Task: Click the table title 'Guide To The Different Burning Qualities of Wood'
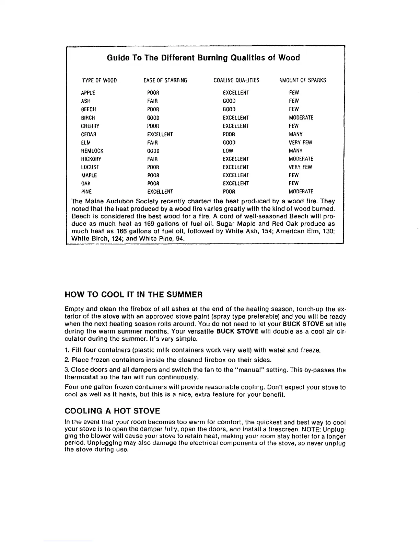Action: (x=203, y=58)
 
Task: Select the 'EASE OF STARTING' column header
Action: (x=165, y=80)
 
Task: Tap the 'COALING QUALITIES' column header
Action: (x=236, y=80)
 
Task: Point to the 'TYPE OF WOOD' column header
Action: (x=100, y=80)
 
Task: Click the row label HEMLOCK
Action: (x=92, y=151)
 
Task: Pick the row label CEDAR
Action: (x=89, y=134)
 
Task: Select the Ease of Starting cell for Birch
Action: (x=153, y=118)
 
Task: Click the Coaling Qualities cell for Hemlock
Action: (x=229, y=151)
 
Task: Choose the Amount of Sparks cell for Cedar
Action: (x=296, y=134)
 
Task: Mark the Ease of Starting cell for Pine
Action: (x=160, y=192)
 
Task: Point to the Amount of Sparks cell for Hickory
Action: (x=301, y=159)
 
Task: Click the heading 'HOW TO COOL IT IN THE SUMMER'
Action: (x=134, y=295)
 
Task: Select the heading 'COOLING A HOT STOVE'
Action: (x=112, y=411)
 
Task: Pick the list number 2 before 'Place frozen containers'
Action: (x=67, y=360)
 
